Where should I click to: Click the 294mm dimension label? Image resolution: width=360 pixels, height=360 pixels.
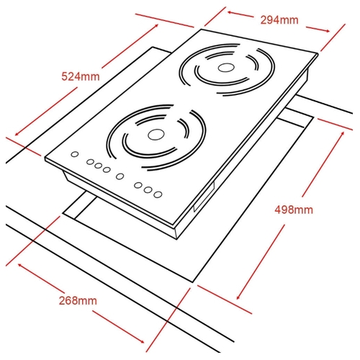pos(279,20)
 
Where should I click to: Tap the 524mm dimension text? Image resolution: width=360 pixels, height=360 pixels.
pos(81,76)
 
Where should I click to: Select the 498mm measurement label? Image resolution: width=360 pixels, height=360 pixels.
pos(294,210)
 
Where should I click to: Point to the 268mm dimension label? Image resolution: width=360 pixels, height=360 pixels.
pos(78,300)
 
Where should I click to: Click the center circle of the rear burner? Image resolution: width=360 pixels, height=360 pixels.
pos(226,68)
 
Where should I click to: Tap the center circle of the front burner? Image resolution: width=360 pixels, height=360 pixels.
pos(156,135)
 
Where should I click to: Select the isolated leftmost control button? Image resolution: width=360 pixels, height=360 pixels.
pos(75,154)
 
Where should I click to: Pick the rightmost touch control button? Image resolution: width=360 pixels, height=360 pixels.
pos(158,194)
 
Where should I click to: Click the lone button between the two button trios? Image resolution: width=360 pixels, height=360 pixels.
pos(120,176)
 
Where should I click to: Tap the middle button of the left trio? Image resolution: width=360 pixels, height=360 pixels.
pos(98,166)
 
